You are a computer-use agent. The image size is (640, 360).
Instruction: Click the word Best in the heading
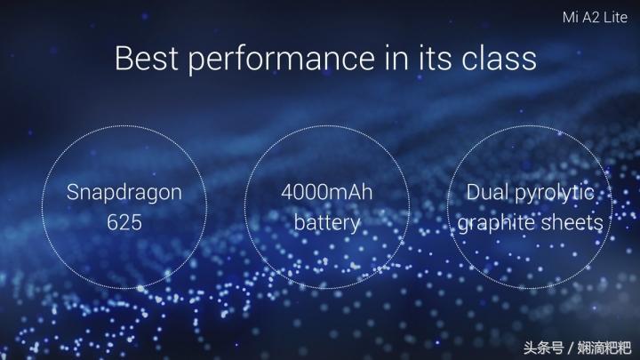[146, 59]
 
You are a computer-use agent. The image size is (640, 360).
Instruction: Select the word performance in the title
[281, 60]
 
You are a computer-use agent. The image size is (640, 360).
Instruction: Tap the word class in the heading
[499, 59]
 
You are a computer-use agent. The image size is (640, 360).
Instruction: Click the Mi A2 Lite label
[595, 17]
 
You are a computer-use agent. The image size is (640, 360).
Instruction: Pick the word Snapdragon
[124, 193]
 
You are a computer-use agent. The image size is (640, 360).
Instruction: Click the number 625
[124, 222]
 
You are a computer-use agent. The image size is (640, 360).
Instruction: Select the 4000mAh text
[326, 192]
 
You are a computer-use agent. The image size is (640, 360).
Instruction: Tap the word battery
[327, 224]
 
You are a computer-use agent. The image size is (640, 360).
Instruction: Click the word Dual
[487, 192]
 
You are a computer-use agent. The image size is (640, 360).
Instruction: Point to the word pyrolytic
[555, 194]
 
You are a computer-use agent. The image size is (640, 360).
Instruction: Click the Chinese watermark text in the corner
[577, 348]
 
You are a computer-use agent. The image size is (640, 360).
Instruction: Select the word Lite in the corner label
[616, 17]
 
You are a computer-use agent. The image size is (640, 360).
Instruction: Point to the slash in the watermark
[570, 348]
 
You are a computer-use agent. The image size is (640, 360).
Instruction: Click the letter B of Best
[124, 59]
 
